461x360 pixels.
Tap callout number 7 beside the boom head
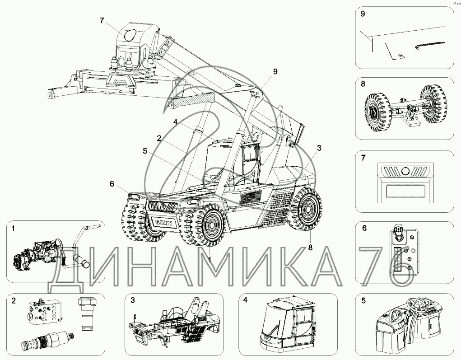click(x=102, y=21)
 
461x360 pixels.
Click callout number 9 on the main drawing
click(x=275, y=72)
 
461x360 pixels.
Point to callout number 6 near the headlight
click(x=112, y=184)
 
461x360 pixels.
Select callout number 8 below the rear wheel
click(x=310, y=248)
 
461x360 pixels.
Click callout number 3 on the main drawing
click(x=319, y=148)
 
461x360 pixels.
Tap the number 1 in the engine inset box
click(x=13, y=229)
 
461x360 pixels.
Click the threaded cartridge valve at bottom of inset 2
click(x=47, y=341)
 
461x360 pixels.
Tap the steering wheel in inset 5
click(x=418, y=306)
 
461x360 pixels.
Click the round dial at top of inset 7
click(x=405, y=171)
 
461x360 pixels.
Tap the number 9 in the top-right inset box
click(x=363, y=14)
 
